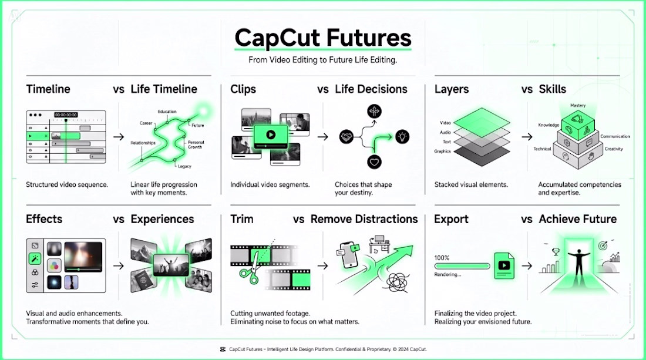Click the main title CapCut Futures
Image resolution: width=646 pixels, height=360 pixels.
pyautogui.click(x=323, y=38)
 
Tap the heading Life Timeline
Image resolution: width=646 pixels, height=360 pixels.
pyautogui.click(x=164, y=89)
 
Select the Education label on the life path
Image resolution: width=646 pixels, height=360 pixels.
pyautogui.click(x=167, y=111)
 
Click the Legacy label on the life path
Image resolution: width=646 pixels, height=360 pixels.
pyautogui.click(x=184, y=166)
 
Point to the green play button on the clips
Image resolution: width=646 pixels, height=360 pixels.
pyautogui.click(x=271, y=134)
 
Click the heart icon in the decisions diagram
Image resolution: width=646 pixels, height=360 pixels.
pyautogui.click(x=374, y=162)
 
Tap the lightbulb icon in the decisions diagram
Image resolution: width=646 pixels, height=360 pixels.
pyautogui.click(x=402, y=136)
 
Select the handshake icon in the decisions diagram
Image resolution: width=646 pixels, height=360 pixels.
pyautogui.click(x=346, y=136)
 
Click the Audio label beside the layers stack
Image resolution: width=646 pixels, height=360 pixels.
pyautogui.click(x=445, y=132)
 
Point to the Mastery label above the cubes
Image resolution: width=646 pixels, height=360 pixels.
pyautogui.click(x=578, y=106)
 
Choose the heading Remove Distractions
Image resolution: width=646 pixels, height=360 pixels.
pyautogui.click(x=364, y=219)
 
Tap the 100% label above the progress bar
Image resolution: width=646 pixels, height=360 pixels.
pyautogui.click(x=442, y=258)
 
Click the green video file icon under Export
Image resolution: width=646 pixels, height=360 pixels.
pyautogui.click(x=504, y=265)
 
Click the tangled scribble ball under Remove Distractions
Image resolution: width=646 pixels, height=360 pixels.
pyautogui.click(x=396, y=282)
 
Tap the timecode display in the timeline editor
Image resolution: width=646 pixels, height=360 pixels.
pyautogui.click(x=66, y=115)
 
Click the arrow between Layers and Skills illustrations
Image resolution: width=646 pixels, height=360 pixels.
pyautogui.click(x=527, y=137)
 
